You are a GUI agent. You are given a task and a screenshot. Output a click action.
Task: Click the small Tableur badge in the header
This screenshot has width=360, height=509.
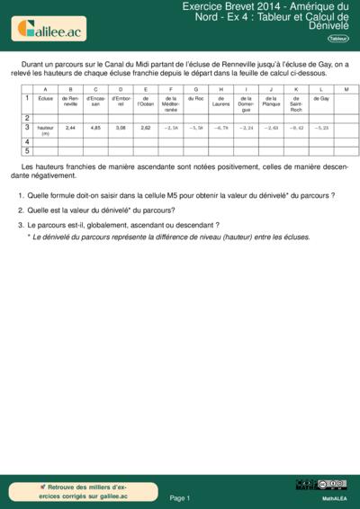[338, 39]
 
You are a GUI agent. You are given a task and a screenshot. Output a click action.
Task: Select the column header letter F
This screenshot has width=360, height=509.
[170, 88]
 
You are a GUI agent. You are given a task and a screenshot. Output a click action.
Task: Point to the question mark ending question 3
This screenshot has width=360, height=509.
[218, 224]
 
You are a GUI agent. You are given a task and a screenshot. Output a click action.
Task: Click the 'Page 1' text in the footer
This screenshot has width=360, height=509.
[180, 497]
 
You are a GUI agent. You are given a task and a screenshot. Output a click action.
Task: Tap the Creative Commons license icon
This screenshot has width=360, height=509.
[321, 485]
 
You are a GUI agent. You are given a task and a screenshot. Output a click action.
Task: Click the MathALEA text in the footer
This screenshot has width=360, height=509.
[334, 496]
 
